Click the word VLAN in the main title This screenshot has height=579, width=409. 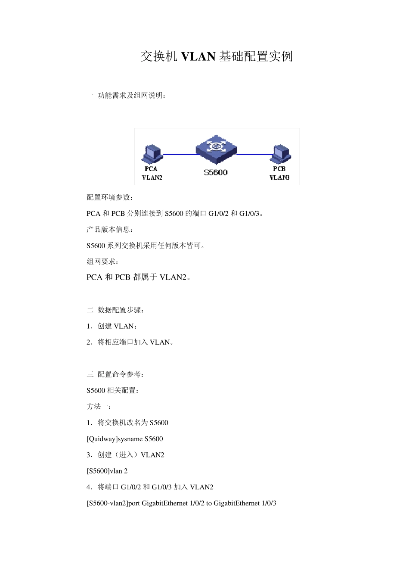(x=198, y=56)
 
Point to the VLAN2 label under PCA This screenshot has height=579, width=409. (x=152, y=177)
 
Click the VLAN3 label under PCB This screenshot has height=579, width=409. (x=279, y=177)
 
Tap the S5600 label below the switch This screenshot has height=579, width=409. (x=216, y=173)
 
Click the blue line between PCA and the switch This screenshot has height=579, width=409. (x=180, y=154)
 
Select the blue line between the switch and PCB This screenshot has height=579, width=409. (x=255, y=154)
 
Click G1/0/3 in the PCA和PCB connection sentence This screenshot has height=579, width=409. (x=249, y=214)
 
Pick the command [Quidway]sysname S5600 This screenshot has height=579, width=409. (x=125, y=439)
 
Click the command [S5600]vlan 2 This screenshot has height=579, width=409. (x=107, y=471)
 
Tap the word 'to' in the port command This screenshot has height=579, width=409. (x=209, y=503)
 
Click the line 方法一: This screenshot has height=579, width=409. (x=99, y=407)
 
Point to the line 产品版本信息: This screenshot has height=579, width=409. (x=109, y=230)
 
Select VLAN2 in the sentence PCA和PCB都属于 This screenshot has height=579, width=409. (x=173, y=277)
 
